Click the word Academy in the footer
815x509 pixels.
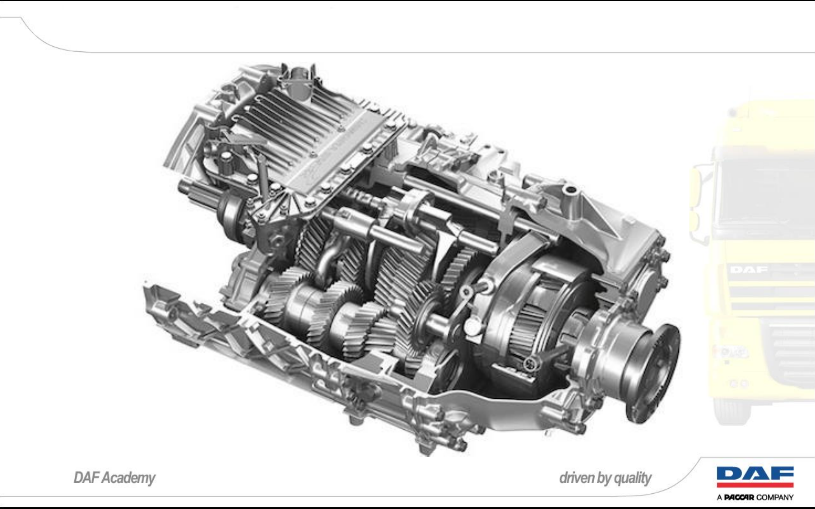129,478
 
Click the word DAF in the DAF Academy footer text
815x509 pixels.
86,478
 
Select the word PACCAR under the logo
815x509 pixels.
739,497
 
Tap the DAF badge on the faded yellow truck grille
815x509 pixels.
748,270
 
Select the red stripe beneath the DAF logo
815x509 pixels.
755,485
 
